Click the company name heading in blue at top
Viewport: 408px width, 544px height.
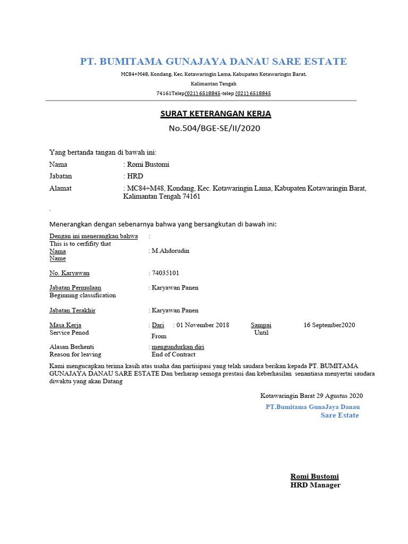(213, 62)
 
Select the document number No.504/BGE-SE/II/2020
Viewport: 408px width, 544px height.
(214, 128)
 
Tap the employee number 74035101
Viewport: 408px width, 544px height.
(166, 273)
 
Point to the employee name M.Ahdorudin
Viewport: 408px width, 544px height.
(170, 251)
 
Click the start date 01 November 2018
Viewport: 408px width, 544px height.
(202, 325)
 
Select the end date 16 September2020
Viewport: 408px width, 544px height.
(329, 325)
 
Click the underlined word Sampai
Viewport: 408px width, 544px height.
(261, 325)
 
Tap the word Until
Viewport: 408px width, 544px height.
(261, 333)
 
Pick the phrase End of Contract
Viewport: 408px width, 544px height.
(173, 354)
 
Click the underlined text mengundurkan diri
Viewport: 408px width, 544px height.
(177, 347)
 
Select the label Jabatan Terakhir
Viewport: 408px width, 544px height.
(72, 310)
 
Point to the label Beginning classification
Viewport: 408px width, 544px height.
(82, 295)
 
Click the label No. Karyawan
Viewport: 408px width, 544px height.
(70, 273)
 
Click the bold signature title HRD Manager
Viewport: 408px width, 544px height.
(315, 485)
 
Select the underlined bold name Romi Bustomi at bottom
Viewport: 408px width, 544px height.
(314, 477)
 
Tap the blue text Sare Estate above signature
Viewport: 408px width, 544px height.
(339, 415)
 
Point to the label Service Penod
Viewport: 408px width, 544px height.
(69, 333)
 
